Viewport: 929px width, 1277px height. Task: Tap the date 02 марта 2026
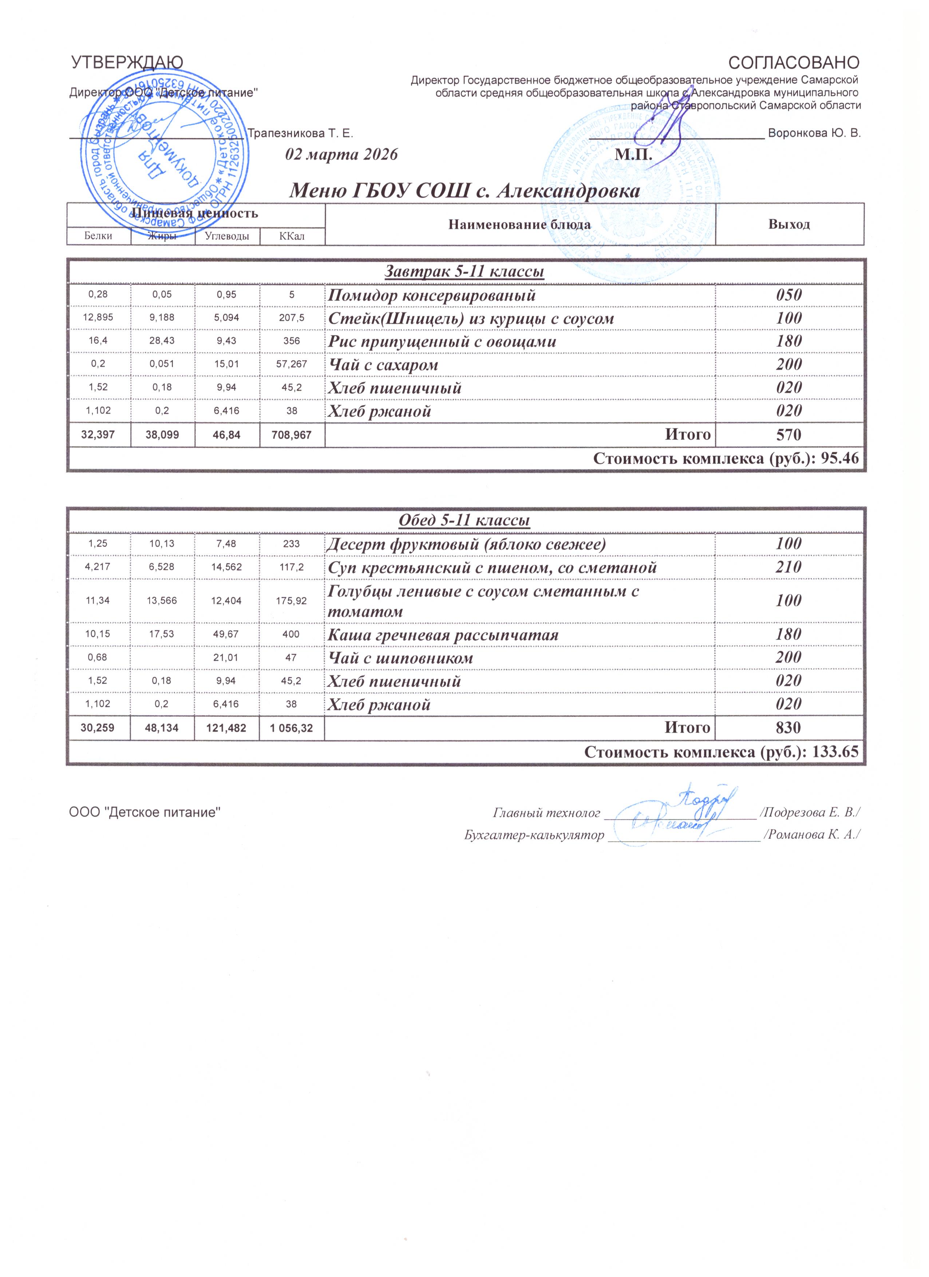click(341, 154)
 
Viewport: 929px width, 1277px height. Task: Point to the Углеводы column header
click(227, 236)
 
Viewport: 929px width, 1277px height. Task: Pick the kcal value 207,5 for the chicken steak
click(292, 318)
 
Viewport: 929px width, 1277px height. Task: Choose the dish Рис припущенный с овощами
click(442, 342)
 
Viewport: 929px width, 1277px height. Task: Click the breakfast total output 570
click(789, 434)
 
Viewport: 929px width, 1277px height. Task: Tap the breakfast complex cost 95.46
click(839, 459)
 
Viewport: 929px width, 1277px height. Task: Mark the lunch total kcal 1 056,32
click(292, 728)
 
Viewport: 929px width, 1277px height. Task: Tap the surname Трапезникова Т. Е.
click(300, 134)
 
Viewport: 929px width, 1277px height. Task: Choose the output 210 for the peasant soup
click(789, 567)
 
